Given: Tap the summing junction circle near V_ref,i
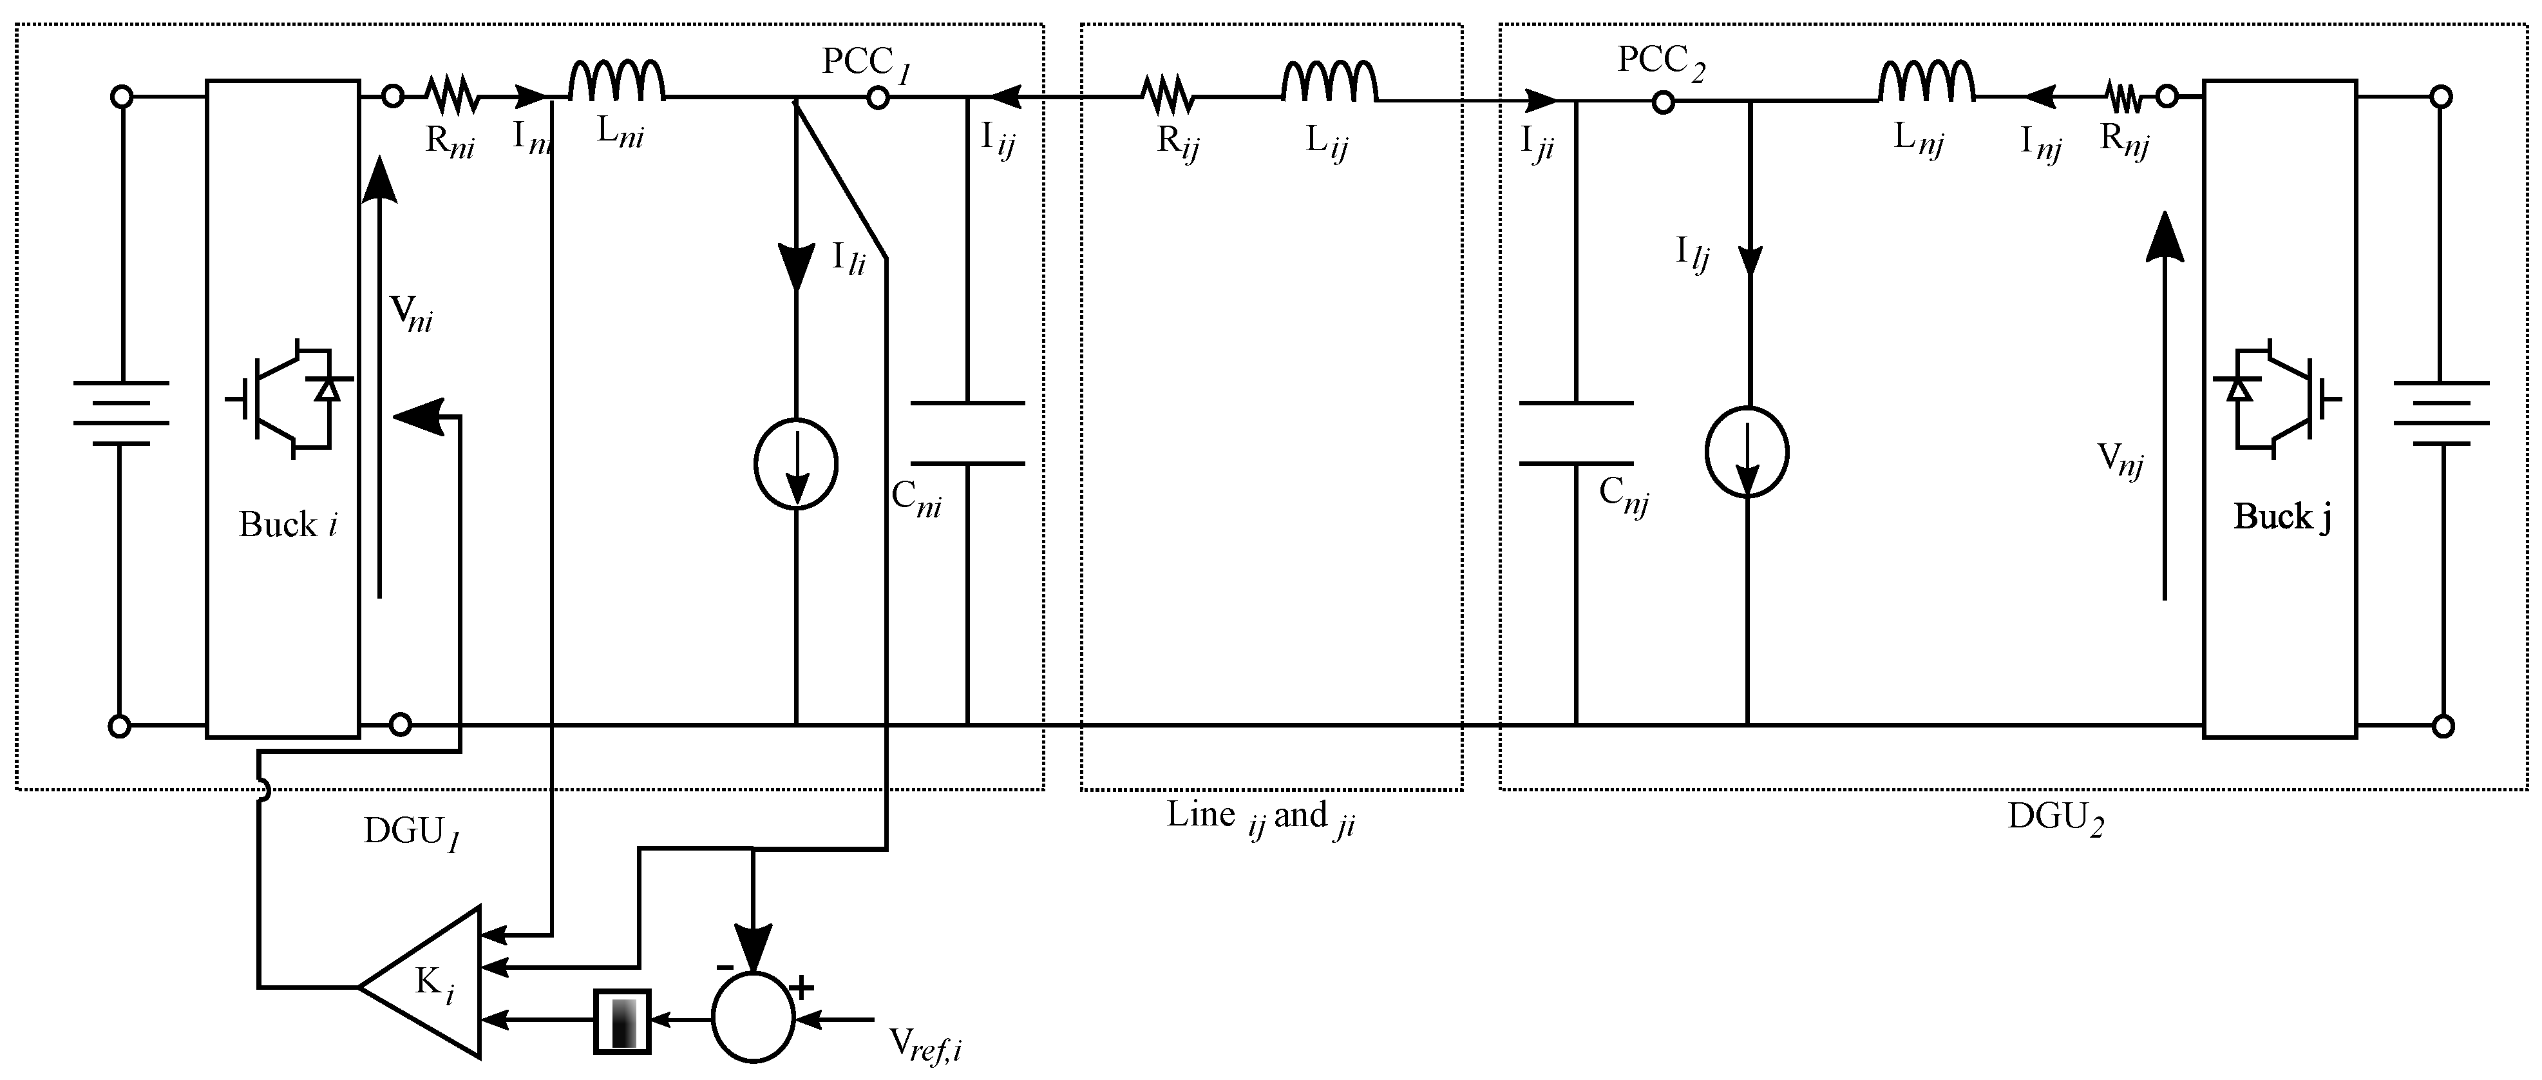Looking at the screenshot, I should point(753,1017).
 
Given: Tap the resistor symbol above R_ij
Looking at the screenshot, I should point(1168,97).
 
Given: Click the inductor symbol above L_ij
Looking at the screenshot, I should point(1329,82).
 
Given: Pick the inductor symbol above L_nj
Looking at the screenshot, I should point(1926,82).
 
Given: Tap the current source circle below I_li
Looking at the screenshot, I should point(795,464).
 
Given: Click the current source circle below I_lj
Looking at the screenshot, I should point(1747,452).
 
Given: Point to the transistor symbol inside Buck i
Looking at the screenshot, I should point(286,399).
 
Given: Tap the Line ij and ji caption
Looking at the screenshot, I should point(1260,816).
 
